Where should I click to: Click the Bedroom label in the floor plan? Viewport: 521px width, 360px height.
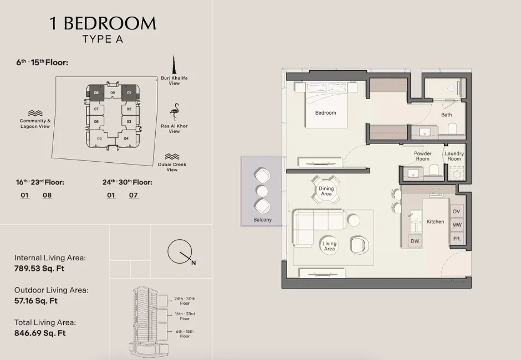325,113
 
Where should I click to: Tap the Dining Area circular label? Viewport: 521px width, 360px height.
326,191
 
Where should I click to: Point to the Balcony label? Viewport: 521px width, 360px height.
263,220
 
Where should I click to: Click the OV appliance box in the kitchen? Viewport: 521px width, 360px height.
456,212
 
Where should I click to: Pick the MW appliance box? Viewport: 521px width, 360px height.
456,225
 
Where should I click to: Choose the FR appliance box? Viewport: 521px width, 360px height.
456,239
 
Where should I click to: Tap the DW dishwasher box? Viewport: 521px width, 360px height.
415,241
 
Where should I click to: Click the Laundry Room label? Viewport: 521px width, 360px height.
454,156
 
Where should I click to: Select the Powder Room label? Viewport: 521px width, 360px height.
422,156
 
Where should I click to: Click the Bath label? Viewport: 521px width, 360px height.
446,115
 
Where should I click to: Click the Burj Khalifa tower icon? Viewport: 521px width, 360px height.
174,65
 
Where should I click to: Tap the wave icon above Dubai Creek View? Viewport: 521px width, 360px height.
172,157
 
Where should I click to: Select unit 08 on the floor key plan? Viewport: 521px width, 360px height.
96,93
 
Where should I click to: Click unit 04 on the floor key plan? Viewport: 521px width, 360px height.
126,138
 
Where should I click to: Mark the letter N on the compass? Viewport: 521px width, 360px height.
193,263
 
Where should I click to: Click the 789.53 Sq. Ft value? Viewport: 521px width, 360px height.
40,269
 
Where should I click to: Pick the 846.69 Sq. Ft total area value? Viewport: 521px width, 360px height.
40,333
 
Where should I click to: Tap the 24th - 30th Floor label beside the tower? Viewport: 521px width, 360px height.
185,301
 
